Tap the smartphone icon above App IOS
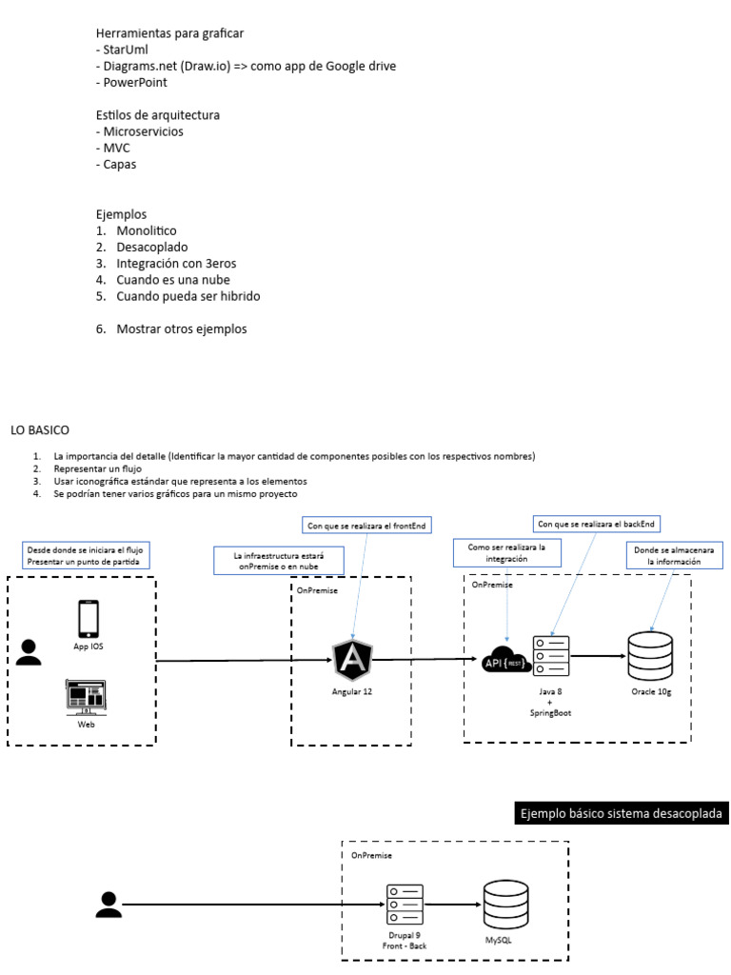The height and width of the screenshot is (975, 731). pyautogui.click(x=89, y=618)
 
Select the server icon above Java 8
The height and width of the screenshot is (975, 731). pyautogui.click(x=552, y=656)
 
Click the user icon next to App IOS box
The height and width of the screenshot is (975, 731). pyautogui.click(x=30, y=651)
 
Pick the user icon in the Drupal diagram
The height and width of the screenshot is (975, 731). pyautogui.click(x=109, y=905)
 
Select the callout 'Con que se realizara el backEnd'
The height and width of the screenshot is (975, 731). pyautogui.click(x=598, y=523)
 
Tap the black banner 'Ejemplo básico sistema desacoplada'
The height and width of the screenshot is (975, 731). pyautogui.click(x=621, y=813)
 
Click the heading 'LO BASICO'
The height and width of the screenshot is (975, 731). pyautogui.click(x=40, y=431)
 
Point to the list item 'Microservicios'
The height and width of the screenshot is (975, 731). pyautogui.click(x=144, y=131)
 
